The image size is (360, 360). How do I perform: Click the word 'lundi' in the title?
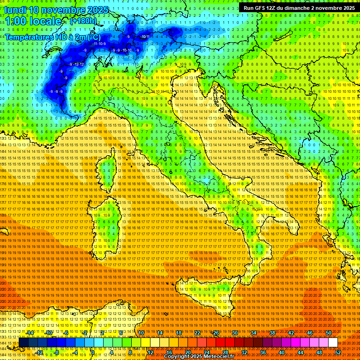click(15, 10)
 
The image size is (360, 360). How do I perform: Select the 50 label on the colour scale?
click(329, 333)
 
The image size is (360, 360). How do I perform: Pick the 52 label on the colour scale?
click(338, 352)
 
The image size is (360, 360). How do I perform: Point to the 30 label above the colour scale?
click(235, 333)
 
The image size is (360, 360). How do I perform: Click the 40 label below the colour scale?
click(282, 352)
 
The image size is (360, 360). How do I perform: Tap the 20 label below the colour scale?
click(187, 352)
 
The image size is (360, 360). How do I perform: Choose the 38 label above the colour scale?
click(272, 333)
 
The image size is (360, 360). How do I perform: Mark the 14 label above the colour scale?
click(160, 333)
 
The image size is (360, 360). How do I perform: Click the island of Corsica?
click(107, 171)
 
